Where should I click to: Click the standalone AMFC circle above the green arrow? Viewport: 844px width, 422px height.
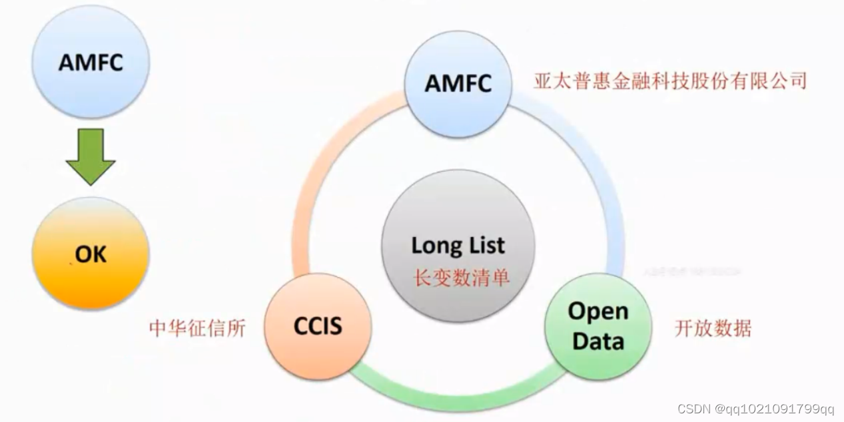pyautogui.click(x=91, y=63)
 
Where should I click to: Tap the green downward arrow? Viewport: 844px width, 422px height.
pyautogui.click(x=91, y=157)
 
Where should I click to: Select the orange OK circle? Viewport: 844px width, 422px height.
pyautogui.click(x=91, y=254)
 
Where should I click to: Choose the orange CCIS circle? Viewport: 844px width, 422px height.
pyautogui.click(x=318, y=326)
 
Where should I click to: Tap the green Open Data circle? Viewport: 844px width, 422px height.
pyautogui.click(x=598, y=326)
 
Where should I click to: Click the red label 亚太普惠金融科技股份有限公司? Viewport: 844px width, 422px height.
pyautogui.click(x=669, y=81)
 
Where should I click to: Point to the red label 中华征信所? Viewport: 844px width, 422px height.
pyautogui.click(x=197, y=328)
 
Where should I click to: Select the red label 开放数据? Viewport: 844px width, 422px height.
pyautogui.click(x=713, y=328)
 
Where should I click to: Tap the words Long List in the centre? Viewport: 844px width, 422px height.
pyautogui.click(x=458, y=245)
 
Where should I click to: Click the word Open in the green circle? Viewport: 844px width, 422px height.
pyautogui.click(x=598, y=311)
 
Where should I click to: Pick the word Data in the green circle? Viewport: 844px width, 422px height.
pyautogui.click(x=598, y=341)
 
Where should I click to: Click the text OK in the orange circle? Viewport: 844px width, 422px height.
pyautogui.click(x=91, y=254)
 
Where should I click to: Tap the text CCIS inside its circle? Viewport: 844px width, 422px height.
pyautogui.click(x=318, y=326)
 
